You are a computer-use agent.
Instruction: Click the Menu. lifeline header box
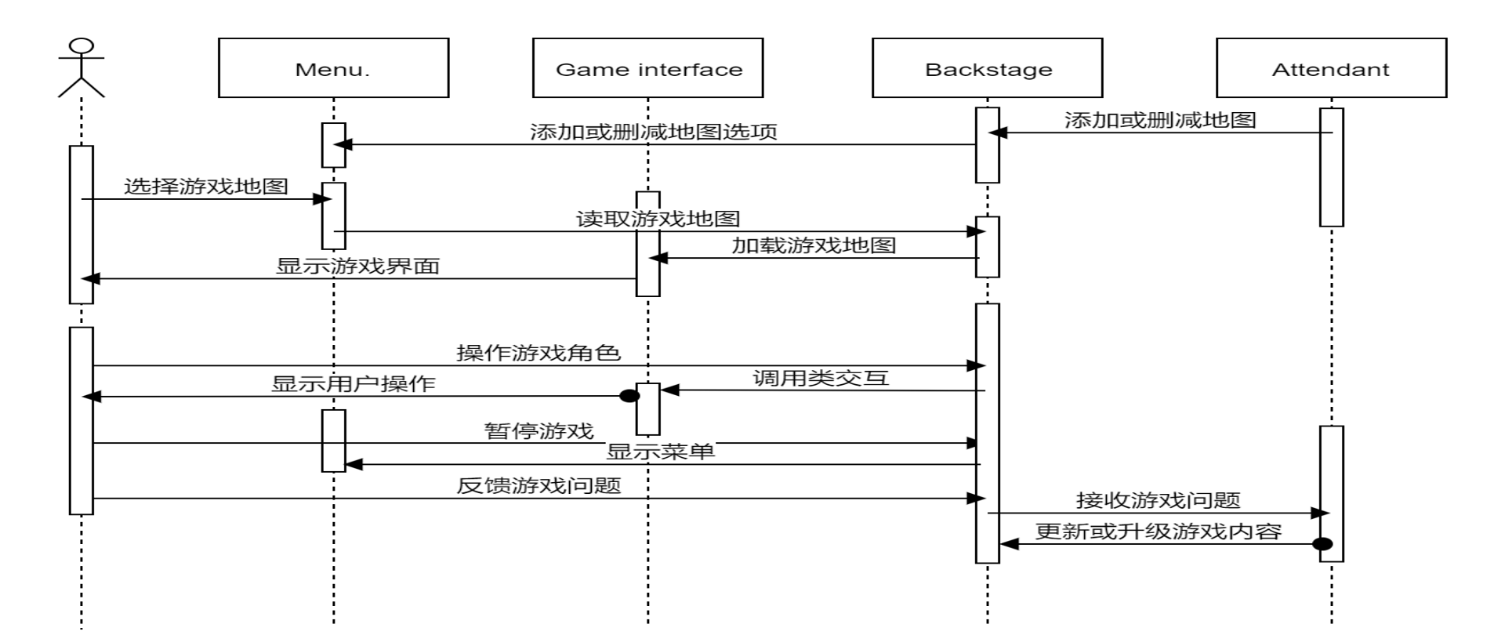(x=333, y=68)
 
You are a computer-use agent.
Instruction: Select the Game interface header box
(x=647, y=68)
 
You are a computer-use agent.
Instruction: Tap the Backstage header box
(x=987, y=68)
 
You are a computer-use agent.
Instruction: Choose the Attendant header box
(x=1331, y=68)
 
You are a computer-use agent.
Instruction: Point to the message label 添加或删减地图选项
(x=653, y=132)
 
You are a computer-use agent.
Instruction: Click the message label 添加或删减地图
(x=1160, y=120)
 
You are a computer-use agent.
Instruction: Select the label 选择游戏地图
(x=206, y=187)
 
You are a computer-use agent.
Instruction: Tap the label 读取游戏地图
(x=658, y=219)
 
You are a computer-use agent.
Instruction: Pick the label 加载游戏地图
(x=814, y=245)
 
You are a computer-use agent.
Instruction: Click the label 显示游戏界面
(x=357, y=266)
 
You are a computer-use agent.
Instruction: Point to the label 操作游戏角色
(x=539, y=353)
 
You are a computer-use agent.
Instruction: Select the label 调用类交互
(x=821, y=378)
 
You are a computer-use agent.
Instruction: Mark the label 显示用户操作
(x=353, y=384)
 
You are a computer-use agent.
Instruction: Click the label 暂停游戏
(x=539, y=430)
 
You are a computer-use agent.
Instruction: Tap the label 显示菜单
(x=660, y=452)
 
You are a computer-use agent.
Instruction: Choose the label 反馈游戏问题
(x=539, y=486)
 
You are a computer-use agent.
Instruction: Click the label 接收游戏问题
(x=1158, y=500)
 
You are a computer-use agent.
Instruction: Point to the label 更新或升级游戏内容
(x=1158, y=532)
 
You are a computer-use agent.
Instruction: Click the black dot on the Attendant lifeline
(x=1322, y=544)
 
